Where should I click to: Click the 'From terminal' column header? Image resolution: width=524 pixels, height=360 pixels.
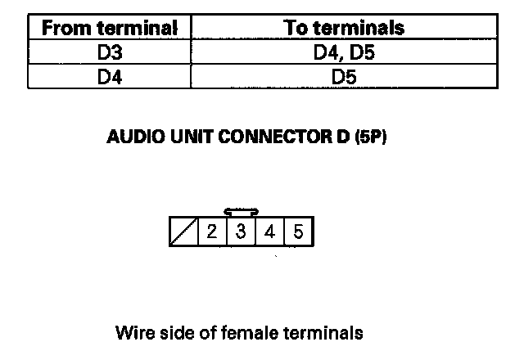tap(110, 28)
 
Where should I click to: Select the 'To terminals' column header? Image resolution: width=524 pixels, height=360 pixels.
tap(344, 28)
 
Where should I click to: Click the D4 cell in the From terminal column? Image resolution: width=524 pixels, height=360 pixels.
tap(110, 78)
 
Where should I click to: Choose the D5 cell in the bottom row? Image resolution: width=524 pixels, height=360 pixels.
tap(344, 78)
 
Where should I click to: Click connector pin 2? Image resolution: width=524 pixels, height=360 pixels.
tap(211, 232)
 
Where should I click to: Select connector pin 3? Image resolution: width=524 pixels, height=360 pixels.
tap(241, 232)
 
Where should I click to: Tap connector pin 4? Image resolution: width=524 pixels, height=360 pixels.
tap(269, 232)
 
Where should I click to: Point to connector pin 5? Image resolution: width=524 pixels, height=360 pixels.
tap(298, 232)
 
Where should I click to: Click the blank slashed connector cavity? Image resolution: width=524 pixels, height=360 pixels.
tap(183, 232)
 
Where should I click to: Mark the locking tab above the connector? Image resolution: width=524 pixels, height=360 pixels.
tap(241, 212)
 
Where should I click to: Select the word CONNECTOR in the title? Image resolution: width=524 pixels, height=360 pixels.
tap(263, 137)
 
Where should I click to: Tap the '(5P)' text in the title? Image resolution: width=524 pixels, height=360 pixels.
tap(370, 137)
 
